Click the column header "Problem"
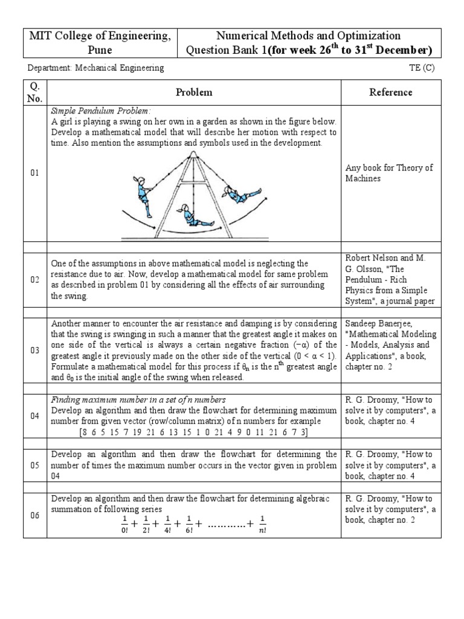click(194, 92)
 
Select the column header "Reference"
click(391, 92)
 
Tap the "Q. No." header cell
click(34, 92)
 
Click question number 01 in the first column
click(34, 173)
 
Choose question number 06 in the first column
click(34, 515)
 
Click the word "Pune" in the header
click(100, 50)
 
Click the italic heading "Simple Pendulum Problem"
click(100, 111)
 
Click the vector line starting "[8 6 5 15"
click(194, 432)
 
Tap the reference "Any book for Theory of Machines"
click(389, 173)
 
